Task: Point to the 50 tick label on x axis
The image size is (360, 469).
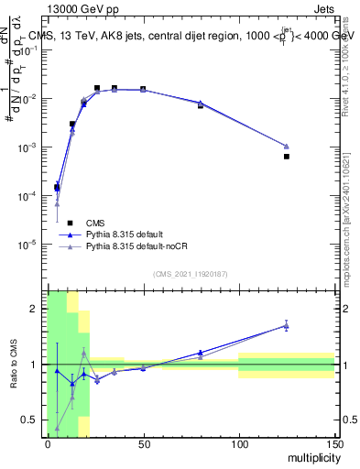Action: click(143, 444)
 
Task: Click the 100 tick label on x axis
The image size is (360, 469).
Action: click(239, 444)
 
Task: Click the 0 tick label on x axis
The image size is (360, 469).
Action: click(48, 444)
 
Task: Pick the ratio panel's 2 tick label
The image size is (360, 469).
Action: click(38, 309)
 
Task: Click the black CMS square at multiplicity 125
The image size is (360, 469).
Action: click(287, 157)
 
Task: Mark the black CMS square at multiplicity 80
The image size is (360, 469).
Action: click(201, 105)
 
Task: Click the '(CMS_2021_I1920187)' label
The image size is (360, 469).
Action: click(190, 274)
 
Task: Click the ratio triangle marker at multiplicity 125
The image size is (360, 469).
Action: click(287, 325)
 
